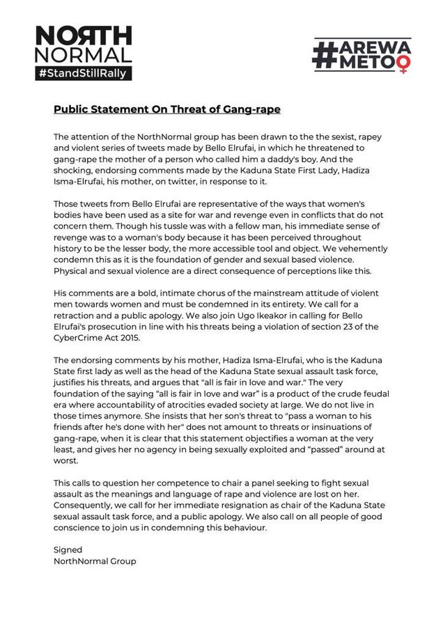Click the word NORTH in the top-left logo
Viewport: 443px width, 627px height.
pyautogui.click(x=83, y=35)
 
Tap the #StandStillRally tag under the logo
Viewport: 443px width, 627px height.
pyautogui.click(x=84, y=72)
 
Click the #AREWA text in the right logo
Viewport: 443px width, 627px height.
pyautogui.click(x=362, y=47)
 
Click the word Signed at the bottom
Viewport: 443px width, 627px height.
pyautogui.click(x=68, y=549)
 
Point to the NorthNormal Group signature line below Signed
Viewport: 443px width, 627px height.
pyautogui.click(x=95, y=560)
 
